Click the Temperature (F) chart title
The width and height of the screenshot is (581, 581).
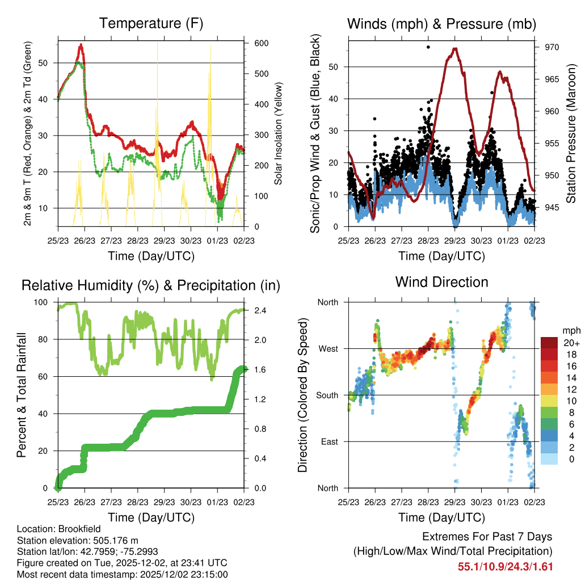(151, 24)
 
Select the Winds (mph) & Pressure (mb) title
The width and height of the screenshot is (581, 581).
(441, 24)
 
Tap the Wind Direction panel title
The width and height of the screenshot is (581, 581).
(441, 282)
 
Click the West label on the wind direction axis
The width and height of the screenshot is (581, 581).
(328, 348)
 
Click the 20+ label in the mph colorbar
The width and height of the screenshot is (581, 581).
(570, 343)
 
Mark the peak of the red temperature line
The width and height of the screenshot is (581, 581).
(81, 44)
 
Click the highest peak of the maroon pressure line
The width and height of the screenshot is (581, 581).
(454, 49)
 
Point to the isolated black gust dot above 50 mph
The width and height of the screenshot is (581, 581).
(428, 47)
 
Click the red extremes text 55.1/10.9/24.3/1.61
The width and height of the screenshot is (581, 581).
(505, 566)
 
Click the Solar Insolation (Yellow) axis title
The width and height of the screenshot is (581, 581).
(278, 134)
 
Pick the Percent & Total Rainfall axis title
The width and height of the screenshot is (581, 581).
(22, 395)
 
